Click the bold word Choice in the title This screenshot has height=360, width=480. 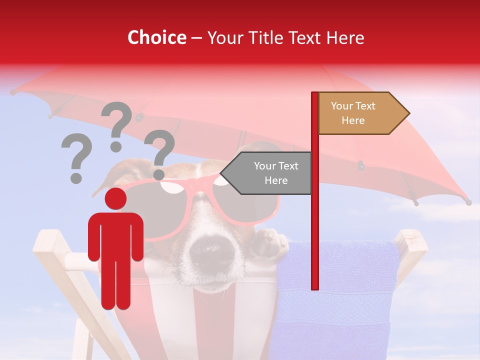pyautogui.click(x=156, y=38)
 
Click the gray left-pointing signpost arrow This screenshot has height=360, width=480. pyautogui.click(x=267, y=173)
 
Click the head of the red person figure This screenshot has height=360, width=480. pyautogui.click(x=115, y=199)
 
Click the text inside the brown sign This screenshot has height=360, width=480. pyautogui.click(x=353, y=113)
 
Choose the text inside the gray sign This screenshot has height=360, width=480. pyautogui.click(x=276, y=173)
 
